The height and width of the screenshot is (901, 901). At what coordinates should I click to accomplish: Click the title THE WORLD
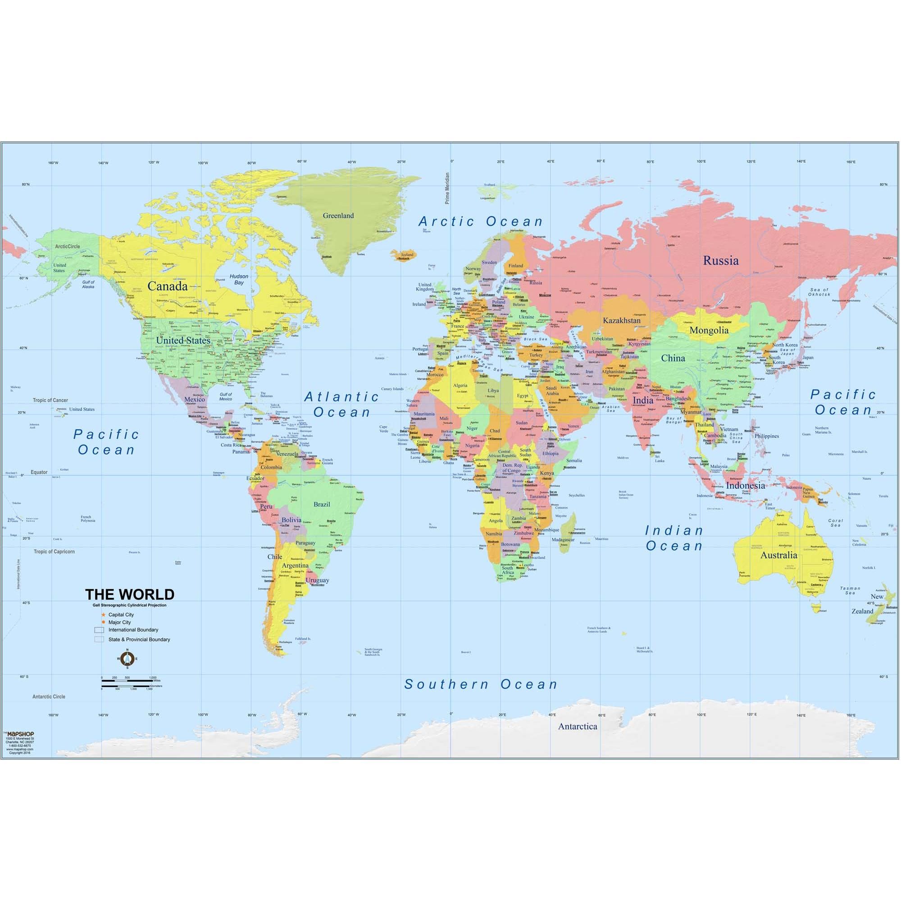(130, 594)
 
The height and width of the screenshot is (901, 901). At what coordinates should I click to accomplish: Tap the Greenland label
(338, 215)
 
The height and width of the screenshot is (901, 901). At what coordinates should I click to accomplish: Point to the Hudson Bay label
(239, 279)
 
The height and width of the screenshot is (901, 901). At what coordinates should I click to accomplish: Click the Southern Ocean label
(481, 684)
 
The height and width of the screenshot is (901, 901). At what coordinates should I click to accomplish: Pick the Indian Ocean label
(674, 538)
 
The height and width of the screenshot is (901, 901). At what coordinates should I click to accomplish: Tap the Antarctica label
(578, 726)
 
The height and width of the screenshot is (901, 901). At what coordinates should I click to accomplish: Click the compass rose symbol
(127, 659)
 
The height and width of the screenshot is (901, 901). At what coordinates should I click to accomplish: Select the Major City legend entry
(119, 622)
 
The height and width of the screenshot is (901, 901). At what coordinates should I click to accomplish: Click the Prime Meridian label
(447, 188)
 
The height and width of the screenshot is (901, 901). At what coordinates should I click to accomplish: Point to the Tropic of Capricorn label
(54, 551)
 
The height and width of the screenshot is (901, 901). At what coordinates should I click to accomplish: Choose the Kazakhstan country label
(622, 320)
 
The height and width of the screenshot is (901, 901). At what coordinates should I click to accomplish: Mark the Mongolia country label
(709, 330)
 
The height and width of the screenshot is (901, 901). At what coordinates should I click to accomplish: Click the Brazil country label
(322, 504)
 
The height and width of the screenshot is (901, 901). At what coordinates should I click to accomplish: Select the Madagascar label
(563, 540)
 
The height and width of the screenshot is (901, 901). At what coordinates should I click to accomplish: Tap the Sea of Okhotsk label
(819, 292)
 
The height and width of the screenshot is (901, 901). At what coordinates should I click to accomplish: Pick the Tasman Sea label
(850, 591)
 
